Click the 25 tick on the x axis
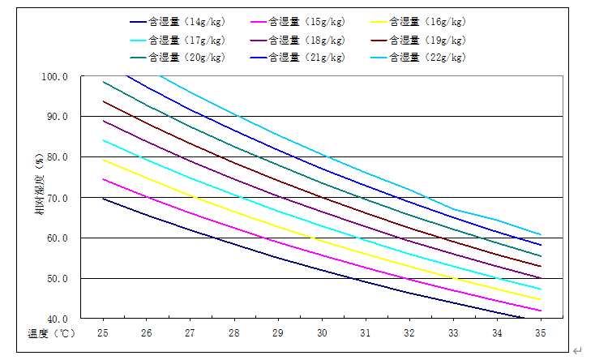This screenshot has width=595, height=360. tap(103, 333)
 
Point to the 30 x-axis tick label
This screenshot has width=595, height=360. tap(322, 333)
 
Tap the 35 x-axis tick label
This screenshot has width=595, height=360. tap(541, 333)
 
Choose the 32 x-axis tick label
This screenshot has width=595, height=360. tap(409, 333)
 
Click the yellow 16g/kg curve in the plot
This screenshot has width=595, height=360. tap(322, 241)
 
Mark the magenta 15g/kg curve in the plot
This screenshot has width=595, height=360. tap(322, 255)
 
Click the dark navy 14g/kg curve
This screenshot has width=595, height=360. tap(322, 269)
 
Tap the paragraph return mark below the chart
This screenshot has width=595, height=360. tap(576, 349)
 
